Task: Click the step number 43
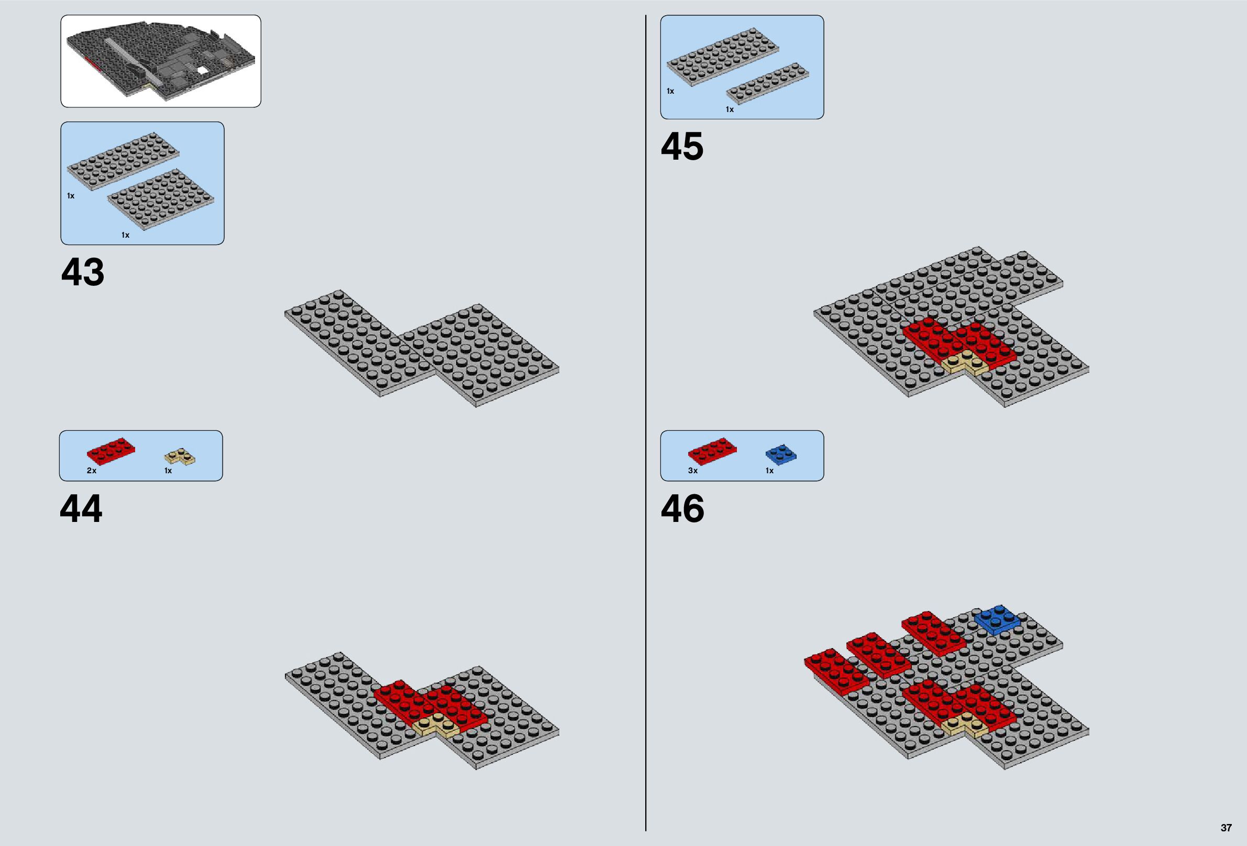[83, 272]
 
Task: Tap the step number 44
[81, 508]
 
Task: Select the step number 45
[682, 146]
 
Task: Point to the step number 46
[682, 508]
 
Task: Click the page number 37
[1226, 828]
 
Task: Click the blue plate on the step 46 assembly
[997, 620]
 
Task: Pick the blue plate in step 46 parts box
[781, 454]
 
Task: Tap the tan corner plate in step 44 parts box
[179, 457]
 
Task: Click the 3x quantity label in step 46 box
[693, 471]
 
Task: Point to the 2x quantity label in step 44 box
[92, 471]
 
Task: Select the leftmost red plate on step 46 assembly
[836, 670]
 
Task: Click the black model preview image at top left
[160, 61]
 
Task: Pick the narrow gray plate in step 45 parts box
[768, 82]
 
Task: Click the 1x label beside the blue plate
[769, 471]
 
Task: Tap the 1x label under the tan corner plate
[168, 471]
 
